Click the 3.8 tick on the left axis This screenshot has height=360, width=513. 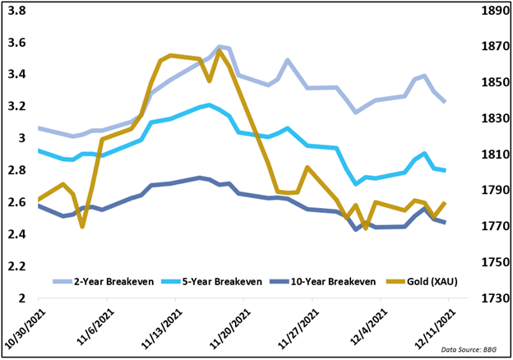click(16, 12)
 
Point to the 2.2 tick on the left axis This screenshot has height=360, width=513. click(16, 266)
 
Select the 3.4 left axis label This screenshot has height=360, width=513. click(16, 75)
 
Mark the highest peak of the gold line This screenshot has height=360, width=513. click(220, 50)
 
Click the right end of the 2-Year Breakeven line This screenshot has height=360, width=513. click(445, 102)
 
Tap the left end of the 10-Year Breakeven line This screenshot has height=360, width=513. click(39, 205)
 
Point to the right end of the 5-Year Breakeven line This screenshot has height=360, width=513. click(445, 170)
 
